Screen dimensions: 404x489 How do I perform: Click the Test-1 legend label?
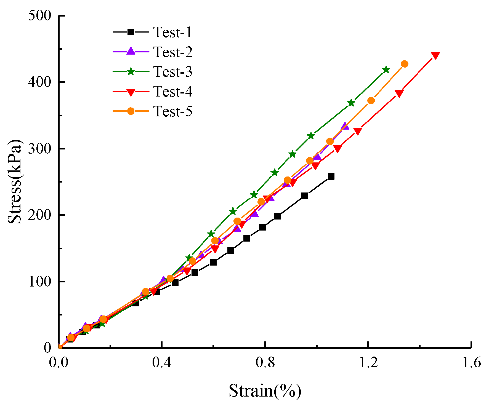click(172, 32)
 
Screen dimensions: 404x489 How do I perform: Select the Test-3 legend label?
click(172, 72)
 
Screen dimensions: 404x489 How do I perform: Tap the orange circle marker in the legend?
click(131, 111)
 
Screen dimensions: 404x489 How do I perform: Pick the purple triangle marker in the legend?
click(131, 51)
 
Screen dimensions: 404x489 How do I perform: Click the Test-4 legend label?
click(172, 92)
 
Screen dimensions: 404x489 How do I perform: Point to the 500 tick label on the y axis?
click(40, 16)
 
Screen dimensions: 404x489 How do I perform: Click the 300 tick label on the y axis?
click(40, 149)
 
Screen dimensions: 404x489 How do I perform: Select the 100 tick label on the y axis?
click(40, 282)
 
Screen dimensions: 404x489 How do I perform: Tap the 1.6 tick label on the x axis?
click(471, 363)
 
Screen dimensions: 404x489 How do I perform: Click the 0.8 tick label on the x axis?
click(265, 363)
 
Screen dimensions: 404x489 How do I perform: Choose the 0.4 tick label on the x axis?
click(162, 363)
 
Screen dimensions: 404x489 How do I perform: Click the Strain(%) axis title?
click(265, 391)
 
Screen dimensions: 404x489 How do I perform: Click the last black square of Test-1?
click(331, 176)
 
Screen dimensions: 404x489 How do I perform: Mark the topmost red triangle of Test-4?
click(435, 55)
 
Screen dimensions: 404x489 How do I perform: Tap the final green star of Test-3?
click(386, 69)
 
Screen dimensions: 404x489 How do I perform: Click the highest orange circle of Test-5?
click(405, 64)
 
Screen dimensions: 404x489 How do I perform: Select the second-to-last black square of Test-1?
click(305, 196)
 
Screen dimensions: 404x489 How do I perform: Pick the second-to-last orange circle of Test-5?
click(371, 101)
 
